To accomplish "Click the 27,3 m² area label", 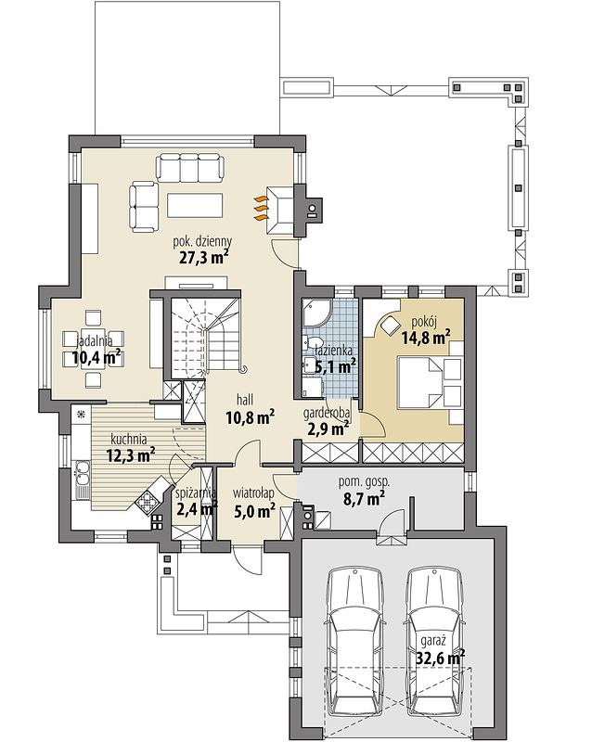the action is point(204,257).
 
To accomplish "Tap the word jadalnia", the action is point(94,340).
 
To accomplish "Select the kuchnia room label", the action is point(129,439).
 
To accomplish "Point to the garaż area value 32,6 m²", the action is point(441,658).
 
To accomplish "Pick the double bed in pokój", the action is point(430,382).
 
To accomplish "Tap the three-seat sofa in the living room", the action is point(190,167).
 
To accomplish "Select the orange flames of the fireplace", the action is point(261,208).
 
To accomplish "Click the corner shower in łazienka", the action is point(315,313).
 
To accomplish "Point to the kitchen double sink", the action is point(83,479).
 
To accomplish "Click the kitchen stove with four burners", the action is point(147,503).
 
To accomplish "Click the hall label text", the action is point(245,401).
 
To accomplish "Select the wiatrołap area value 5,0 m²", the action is point(255,511).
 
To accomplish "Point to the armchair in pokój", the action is point(390,326).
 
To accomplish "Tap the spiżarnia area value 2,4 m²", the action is point(197,509).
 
